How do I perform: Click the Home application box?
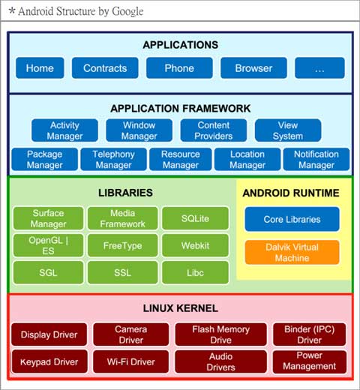tap(40, 68)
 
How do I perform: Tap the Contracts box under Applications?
tap(105, 68)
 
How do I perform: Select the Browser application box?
tap(253, 68)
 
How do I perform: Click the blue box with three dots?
tap(319, 68)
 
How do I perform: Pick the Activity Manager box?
tap(64, 130)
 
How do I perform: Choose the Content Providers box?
tap(214, 130)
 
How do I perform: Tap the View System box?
tap(288, 130)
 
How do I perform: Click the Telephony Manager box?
tap(113, 159)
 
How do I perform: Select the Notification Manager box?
tap(316, 159)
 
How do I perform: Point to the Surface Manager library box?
tap(48, 218)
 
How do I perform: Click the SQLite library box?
tap(195, 218)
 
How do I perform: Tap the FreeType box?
tap(123, 245)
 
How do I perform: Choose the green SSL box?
tap(123, 272)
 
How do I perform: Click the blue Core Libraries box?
tap(292, 219)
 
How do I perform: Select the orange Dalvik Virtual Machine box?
tap(292, 252)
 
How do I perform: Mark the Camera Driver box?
tap(131, 334)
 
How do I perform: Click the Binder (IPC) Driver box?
tap(310, 334)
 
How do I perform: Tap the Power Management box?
tap(310, 361)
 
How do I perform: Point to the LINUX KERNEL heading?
tap(181, 308)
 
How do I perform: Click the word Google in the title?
tap(127, 11)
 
